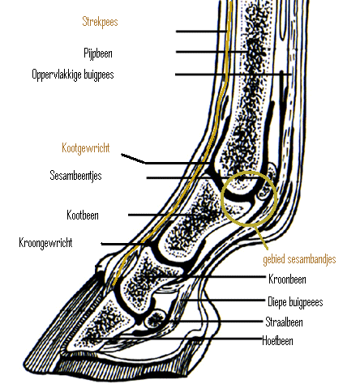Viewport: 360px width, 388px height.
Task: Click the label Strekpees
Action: pyautogui.click(x=100, y=22)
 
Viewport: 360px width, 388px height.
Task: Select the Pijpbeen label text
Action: pyautogui.click(x=98, y=53)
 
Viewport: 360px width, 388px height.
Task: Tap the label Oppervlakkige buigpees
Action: pyautogui.click(x=73, y=75)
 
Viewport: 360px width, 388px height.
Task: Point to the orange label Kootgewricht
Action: pyautogui.click(x=86, y=148)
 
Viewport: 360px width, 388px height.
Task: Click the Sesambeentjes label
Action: pyautogui.click(x=75, y=176)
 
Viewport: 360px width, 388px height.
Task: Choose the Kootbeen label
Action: pyautogui.click(x=83, y=215)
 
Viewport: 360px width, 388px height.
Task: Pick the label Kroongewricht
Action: pyautogui.click(x=45, y=243)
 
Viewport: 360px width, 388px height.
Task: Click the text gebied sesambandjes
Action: pyautogui.click(x=299, y=259)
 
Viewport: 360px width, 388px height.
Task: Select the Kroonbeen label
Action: pyautogui.click(x=287, y=279)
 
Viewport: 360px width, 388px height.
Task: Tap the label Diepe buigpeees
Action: pyautogui.click(x=295, y=302)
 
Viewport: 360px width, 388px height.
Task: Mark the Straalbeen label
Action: pyautogui.click(x=284, y=322)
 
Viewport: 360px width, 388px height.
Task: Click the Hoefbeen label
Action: pyautogui.click(x=277, y=341)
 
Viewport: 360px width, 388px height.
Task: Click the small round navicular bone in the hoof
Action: pyautogui.click(x=156, y=319)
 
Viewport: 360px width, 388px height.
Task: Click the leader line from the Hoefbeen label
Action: pyautogui.click(x=173, y=338)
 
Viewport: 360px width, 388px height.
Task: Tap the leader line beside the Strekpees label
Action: pyautogui.click(x=201, y=32)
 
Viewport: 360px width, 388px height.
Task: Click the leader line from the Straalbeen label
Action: pyautogui.click(x=216, y=322)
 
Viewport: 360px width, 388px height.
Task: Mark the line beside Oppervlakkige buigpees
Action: pyautogui.click(x=234, y=75)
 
